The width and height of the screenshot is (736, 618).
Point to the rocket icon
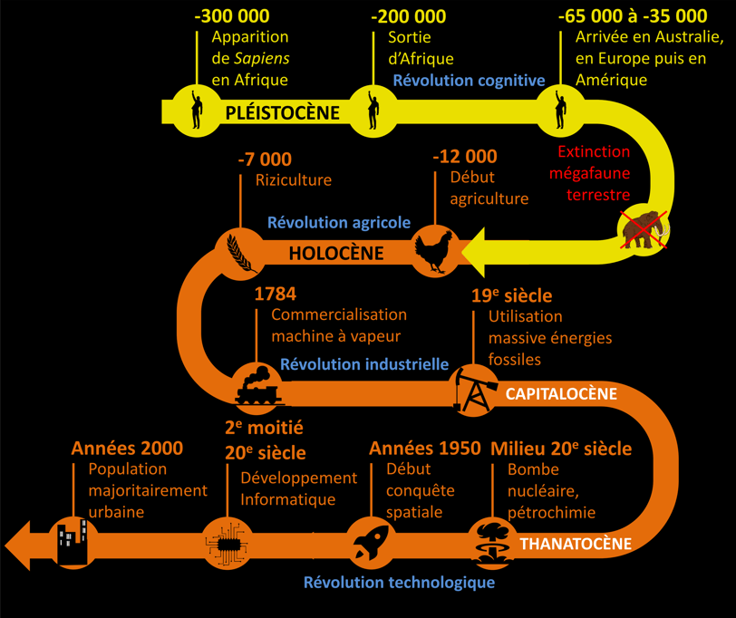click(371, 541)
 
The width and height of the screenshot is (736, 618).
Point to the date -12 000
click(464, 157)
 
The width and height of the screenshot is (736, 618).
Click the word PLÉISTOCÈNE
click(282, 112)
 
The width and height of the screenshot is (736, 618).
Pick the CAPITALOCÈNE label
click(561, 394)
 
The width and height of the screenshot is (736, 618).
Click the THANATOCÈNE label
click(573, 544)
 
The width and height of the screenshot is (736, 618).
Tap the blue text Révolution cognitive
click(469, 80)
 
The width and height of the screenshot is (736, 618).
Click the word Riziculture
click(293, 179)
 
